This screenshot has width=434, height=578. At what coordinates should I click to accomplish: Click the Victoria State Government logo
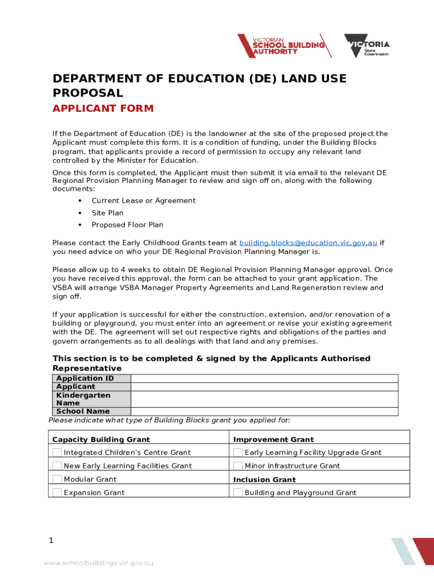367,46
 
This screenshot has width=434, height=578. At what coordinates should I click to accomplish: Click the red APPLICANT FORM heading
103,108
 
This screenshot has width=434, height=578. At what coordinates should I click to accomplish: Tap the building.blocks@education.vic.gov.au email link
308,243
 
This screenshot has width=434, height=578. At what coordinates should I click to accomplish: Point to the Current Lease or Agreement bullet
143,200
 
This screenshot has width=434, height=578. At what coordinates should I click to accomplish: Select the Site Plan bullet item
107,213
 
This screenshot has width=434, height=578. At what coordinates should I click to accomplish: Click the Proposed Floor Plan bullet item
127,225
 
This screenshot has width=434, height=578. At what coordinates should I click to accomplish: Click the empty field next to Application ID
264,379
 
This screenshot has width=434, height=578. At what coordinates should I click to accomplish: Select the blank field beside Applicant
264,387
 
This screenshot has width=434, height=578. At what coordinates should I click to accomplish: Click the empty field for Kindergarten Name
264,399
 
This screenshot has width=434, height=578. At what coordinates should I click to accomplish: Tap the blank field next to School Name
264,411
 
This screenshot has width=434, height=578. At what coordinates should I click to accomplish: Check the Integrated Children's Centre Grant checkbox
57,452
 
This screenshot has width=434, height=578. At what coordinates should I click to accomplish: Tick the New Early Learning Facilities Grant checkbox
57,466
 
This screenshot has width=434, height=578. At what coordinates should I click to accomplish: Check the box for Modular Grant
57,479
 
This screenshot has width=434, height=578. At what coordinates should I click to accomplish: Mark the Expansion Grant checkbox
57,492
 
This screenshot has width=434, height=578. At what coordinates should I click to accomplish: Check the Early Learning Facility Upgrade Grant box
238,452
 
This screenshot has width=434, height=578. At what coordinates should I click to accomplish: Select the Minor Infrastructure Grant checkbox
238,466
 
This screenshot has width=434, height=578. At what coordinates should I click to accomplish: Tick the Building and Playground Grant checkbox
238,492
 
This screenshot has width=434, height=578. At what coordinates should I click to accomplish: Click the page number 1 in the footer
51,541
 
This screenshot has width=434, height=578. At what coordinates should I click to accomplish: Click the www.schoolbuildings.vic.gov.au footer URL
99,563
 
